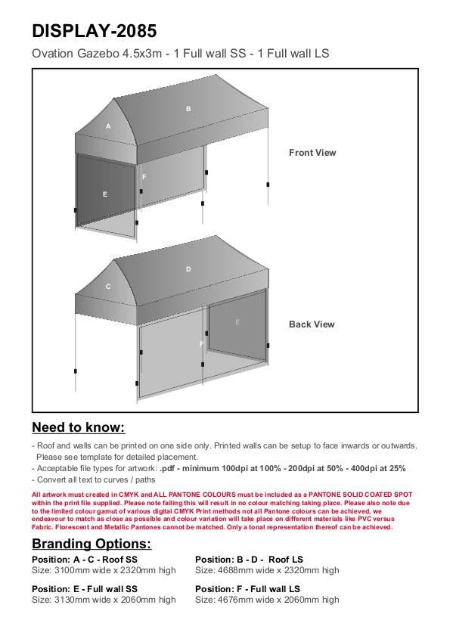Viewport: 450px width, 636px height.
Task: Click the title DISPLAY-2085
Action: (94, 31)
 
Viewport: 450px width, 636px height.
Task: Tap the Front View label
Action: (312, 153)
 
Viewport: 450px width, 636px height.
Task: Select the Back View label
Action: (312, 324)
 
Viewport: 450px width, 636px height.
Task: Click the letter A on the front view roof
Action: (108, 126)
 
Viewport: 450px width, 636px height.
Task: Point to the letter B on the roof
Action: (188, 109)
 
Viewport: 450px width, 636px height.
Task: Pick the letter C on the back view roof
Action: (108, 287)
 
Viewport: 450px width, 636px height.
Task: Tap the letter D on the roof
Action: (188, 269)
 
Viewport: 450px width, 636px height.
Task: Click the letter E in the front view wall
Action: (105, 194)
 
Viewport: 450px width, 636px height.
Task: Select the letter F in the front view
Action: (144, 177)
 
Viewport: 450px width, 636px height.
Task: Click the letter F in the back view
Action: (202, 344)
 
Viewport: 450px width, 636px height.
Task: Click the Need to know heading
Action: (79, 427)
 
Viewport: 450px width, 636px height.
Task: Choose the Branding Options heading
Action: (92, 544)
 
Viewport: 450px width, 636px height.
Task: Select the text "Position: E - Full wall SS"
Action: (85, 589)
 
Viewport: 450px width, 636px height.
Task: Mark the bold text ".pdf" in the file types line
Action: (167, 468)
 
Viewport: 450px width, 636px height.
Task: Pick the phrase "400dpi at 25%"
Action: (378, 468)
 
